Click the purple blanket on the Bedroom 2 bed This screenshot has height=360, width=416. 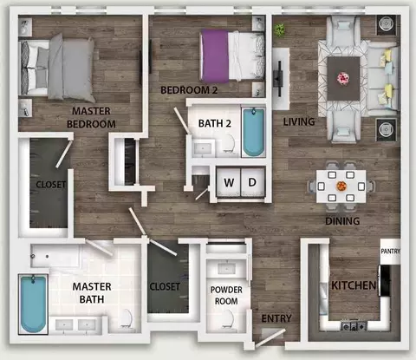coord(215,56)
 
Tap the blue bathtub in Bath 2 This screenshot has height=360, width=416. coord(254,132)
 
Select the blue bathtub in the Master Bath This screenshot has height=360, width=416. coord(33,304)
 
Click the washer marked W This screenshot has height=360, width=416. coord(229,182)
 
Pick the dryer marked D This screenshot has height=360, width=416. coord(253,182)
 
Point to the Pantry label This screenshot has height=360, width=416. coord(390,252)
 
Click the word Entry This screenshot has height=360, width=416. coord(276,318)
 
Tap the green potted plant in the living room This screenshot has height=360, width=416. coord(280,29)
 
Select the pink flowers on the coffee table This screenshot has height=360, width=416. coord(343,78)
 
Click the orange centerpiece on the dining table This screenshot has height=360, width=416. coord(341,186)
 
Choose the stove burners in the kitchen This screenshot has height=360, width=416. coord(354,326)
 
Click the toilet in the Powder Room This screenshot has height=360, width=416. coord(229,319)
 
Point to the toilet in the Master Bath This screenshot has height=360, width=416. coord(127,318)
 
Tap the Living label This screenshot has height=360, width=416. coord(299,121)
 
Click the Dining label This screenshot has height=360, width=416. coord(342,221)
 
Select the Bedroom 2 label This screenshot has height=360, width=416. coord(189,90)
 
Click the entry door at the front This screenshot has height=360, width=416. coord(270,337)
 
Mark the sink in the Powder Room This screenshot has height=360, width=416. coord(226,269)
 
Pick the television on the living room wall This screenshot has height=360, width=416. coord(279,79)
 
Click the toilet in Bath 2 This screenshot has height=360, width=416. coord(229,143)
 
